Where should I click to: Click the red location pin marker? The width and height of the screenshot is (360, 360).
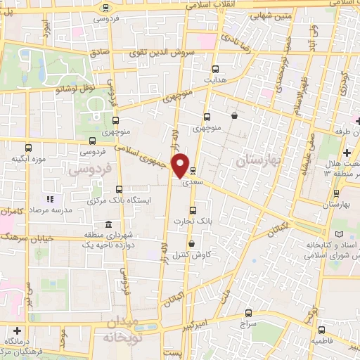(181, 165)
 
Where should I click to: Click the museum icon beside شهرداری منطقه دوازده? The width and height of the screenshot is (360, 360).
(108, 225)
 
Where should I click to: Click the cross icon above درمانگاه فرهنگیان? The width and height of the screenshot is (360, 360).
(18, 330)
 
